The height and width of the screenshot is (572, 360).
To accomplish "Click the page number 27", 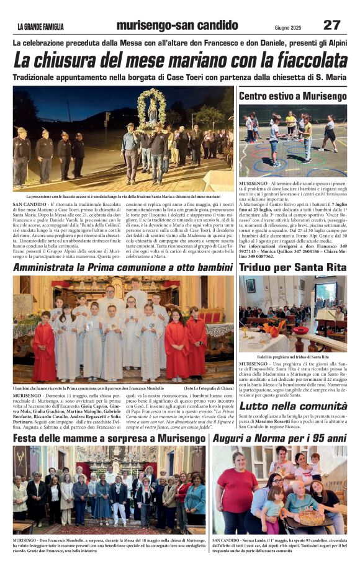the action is tap(331, 25).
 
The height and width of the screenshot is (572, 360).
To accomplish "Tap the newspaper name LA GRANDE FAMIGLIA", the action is tap(40, 26).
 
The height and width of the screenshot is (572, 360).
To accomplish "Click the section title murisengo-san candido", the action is tap(177, 25).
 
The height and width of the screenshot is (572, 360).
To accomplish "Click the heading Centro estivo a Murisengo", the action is tap(292, 96).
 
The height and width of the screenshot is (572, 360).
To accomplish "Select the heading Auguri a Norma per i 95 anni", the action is tap(279, 438).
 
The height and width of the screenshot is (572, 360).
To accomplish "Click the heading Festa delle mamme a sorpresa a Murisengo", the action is tap(110, 438).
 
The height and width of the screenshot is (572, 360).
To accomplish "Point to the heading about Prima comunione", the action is tap(123, 267).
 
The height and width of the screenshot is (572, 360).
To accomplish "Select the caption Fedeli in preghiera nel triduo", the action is tap(292, 357).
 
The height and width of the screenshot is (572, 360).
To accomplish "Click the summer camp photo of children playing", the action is tap(292, 141).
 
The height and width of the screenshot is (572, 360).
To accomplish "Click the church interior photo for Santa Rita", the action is tap(292, 313).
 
